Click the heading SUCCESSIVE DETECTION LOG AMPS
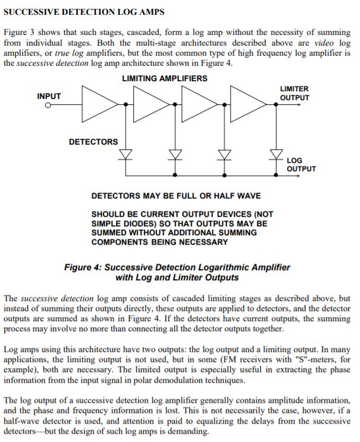tap(84, 12)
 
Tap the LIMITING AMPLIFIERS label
tap(165, 78)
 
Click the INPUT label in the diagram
tap(49, 96)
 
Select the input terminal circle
tap(48, 105)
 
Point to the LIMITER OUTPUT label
tap(294, 93)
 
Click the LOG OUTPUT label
tap(301, 164)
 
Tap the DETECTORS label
tap(93, 142)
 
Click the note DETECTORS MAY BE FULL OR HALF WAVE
tap(176, 196)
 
